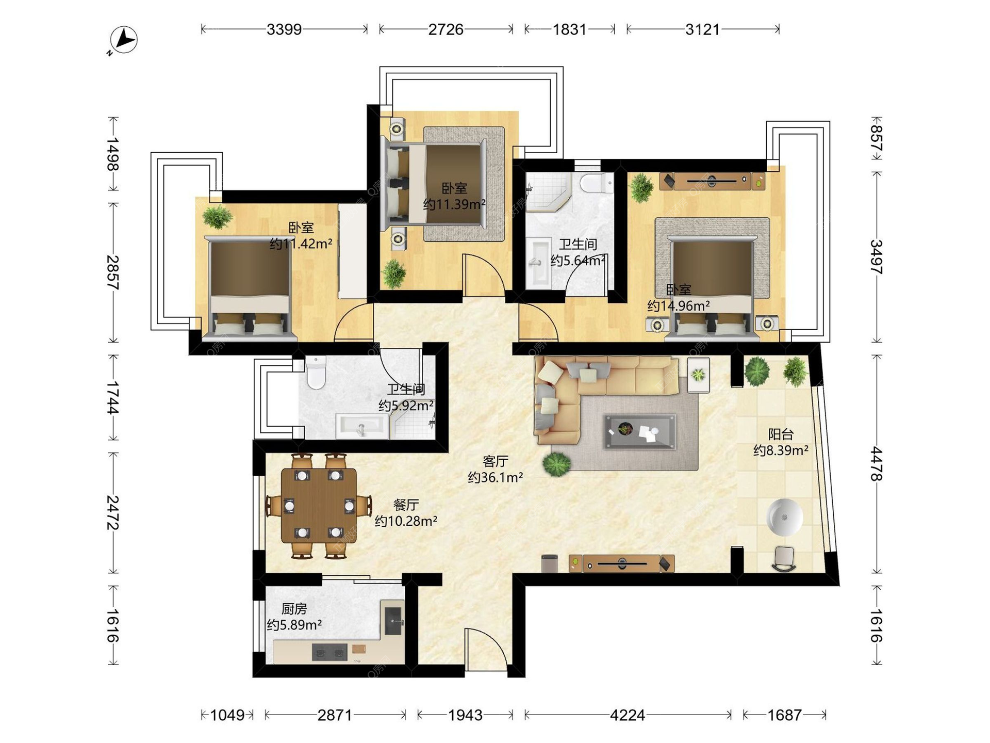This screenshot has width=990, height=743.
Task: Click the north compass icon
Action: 123,40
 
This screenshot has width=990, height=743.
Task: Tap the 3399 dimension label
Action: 284,29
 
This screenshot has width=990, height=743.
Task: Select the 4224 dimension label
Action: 627,715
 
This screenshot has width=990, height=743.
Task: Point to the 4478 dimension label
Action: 877,464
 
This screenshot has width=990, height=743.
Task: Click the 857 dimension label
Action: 877,138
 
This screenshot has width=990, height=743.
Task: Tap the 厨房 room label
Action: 294,609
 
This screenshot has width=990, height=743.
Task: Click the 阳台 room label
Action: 781,434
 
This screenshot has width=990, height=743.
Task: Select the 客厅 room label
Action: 496,461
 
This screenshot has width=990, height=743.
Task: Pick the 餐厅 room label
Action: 406,505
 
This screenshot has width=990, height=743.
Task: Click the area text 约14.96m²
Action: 679,306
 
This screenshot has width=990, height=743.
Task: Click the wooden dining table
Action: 319,506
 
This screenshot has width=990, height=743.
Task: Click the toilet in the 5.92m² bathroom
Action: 316,372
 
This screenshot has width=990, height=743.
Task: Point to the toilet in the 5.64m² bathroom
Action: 596,184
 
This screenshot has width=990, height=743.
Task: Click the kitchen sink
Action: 393,618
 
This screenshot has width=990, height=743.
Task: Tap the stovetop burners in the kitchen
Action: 329,652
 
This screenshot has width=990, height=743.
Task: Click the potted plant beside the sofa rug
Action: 557,463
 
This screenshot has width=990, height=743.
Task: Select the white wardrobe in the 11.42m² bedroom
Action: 353,251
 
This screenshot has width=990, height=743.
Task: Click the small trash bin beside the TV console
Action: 550,563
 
